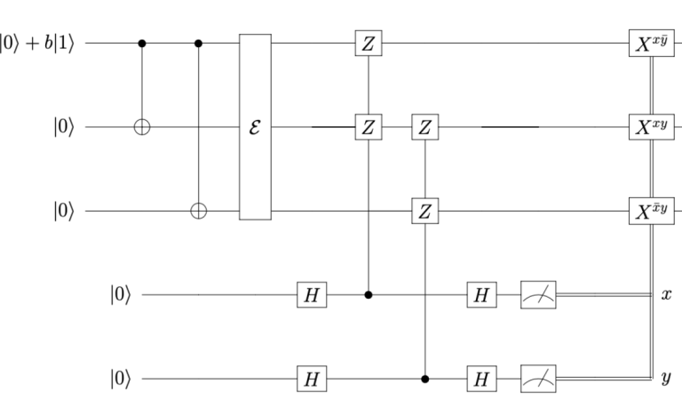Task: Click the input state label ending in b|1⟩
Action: tap(40, 43)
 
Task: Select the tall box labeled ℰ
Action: tap(255, 127)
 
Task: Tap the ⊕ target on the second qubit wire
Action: tap(142, 127)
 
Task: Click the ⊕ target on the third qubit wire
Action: tap(198, 212)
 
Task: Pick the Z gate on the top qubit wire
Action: tap(368, 43)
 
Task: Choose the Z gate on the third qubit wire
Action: tap(425, 212)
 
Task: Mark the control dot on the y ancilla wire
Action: tap(425, 379)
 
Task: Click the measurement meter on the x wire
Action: tap(536, 294)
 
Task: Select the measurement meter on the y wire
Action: tap(536, 379)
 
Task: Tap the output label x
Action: tap(665, 294)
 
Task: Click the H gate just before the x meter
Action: tap(480, 294)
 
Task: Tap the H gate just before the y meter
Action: tap(480, 379)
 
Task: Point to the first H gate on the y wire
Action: tap(312, 379)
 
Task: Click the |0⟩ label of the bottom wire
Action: tap(120, 379)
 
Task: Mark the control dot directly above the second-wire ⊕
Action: tap(142, 43)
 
